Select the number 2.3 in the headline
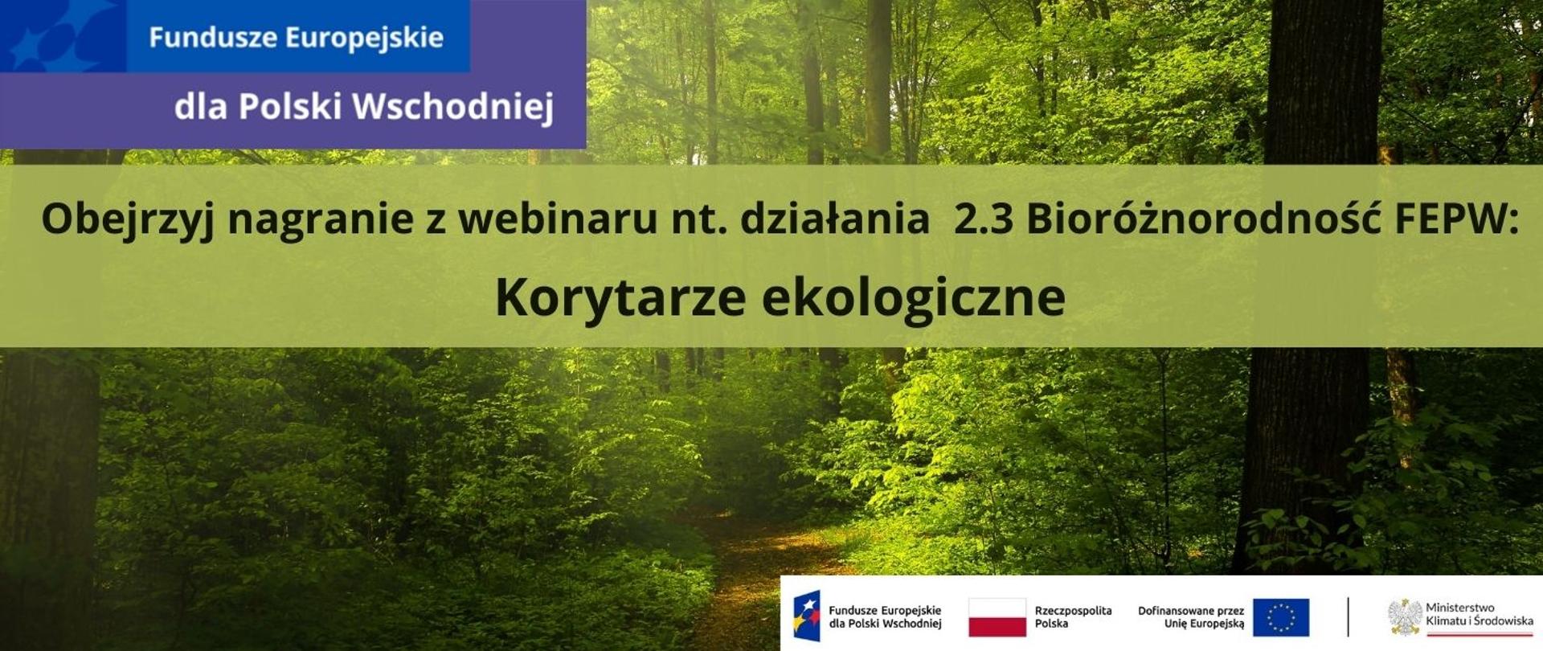point(983,219)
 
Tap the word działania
point(835,219)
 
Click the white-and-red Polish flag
point(997,617)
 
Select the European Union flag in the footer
point(1280,617)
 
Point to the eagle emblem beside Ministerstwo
point(1404,617)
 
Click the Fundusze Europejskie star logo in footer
point(807,616)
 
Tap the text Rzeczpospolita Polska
point(1073,617)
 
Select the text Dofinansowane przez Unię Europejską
point(1191,617)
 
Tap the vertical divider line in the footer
point(1348,617)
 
